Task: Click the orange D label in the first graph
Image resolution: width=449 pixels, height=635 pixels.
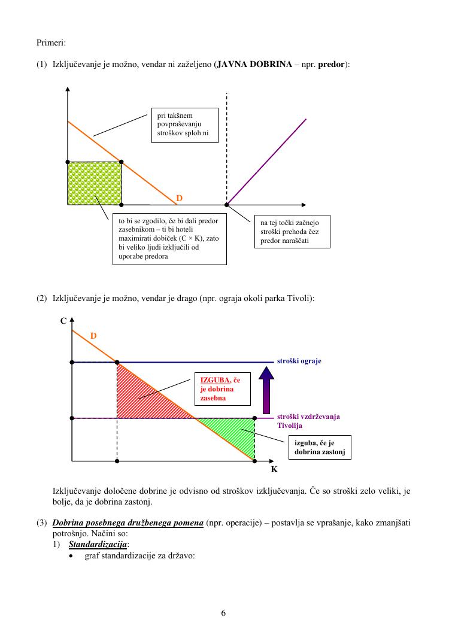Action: (x=178, y=198)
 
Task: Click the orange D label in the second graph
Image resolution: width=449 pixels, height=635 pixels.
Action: (x=93, y=336)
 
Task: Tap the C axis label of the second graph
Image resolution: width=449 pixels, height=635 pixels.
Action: (x=63, y=321)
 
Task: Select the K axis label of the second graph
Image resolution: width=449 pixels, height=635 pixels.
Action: (x=274, y=470)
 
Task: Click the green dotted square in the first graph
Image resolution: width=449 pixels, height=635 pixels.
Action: (x=95, y=183)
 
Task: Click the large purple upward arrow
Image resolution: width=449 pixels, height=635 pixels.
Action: (x=267, y=388)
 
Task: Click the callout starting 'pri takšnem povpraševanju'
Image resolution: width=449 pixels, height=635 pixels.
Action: (x=183, y=124)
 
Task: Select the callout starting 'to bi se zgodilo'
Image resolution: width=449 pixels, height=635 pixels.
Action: (x=169, y=239)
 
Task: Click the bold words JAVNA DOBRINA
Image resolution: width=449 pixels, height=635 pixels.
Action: (x=250, y=63)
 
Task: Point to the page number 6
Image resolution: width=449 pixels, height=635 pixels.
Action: (x=223, y=612)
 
